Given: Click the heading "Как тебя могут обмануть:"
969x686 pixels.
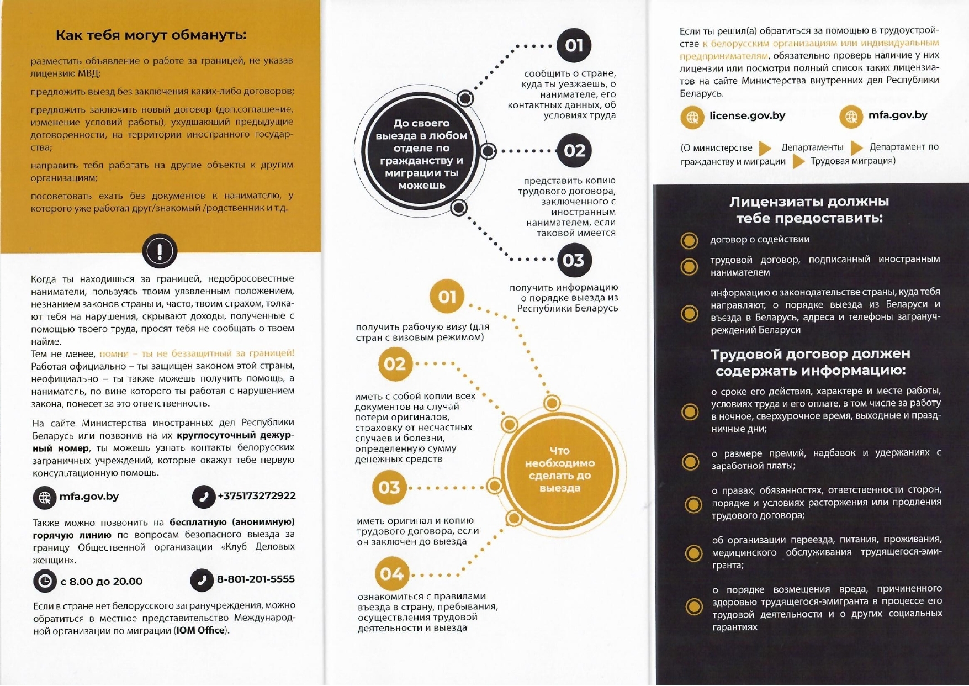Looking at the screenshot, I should (x=151, y=35).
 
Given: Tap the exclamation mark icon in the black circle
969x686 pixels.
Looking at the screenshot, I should (x=160, y=251).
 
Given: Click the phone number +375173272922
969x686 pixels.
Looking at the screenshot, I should (x=257, y=496).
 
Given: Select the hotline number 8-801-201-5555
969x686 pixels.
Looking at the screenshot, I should (x=256, y=579).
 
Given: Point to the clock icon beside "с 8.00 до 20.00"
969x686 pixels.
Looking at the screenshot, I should (x=45, y=581).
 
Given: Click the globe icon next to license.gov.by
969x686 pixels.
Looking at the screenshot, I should (x=692, y=117).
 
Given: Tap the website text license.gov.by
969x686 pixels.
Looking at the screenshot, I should (x=747, y=116).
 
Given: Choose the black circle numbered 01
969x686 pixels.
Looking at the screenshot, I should (x=574, y=45).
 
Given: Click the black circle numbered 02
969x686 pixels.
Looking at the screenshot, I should (x=574, y=151).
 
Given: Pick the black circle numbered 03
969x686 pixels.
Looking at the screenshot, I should (x=574, y=260).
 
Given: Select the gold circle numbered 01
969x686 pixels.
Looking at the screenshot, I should (x=447, y=297).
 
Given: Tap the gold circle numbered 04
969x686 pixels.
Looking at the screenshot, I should (x=391, y=574).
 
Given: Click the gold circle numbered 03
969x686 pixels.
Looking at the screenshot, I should (x=389, y=487).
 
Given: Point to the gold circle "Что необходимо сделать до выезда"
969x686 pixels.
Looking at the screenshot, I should (x=559, y=469).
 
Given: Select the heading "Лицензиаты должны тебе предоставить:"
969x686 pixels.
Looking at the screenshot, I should (x=809, y=210).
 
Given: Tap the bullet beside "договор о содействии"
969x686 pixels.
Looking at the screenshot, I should (x=689, y=240).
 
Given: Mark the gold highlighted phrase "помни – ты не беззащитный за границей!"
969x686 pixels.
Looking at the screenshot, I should (x=197, y=353).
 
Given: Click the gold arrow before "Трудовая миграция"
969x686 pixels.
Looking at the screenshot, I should (x=798, y=161).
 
